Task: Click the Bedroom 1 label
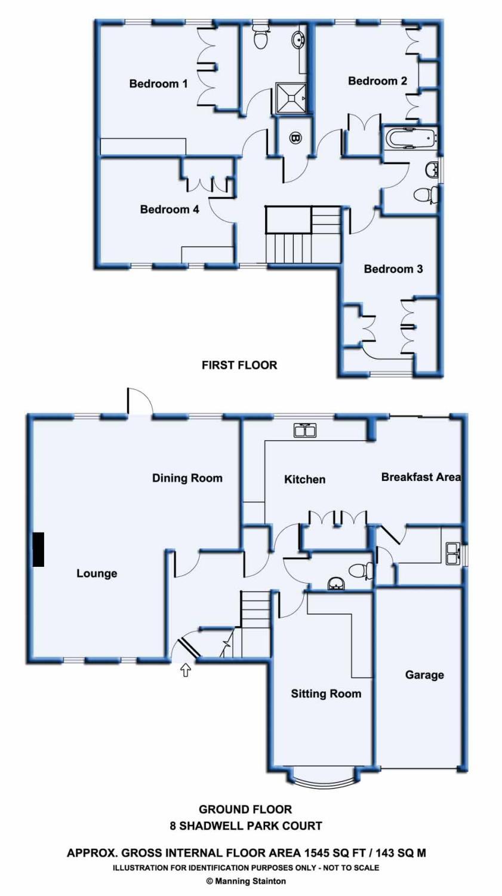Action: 158,84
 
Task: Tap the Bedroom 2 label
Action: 377,81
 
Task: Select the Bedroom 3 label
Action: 393,269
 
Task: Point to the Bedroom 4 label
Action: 170,209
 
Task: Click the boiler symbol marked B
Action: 295,139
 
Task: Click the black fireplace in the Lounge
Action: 38,549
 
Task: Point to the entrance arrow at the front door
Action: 186,670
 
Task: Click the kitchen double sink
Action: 306,430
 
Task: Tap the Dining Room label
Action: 187,478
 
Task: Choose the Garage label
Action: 424,675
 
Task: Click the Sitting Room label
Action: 326,694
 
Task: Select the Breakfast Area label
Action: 421,477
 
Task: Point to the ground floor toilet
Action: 361,570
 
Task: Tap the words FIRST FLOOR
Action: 239,365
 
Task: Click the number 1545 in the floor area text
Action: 317,853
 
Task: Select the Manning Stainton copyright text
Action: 246,881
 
